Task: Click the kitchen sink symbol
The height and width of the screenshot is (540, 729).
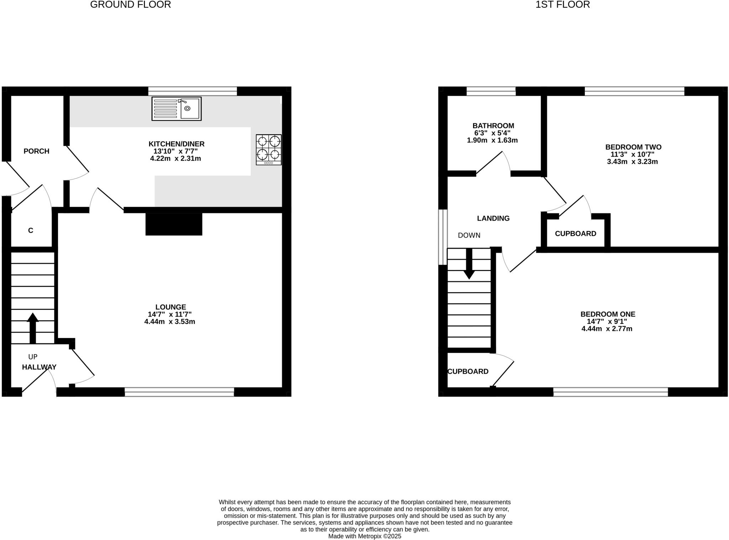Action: [177, 109]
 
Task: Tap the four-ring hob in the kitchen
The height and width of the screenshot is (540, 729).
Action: [269, 150]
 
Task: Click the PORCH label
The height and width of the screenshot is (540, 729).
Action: [36, 151]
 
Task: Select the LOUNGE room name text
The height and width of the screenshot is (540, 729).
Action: [171, 307]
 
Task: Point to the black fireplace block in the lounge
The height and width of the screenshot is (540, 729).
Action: [174, 224]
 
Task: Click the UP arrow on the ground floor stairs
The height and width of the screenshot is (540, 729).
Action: [33, 328]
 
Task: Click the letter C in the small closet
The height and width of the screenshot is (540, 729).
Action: [31, 230]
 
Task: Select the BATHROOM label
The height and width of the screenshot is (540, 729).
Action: [493, 126]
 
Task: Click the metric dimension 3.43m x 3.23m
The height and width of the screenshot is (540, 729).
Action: [632, 162]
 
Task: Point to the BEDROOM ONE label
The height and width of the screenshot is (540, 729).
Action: [608, 314]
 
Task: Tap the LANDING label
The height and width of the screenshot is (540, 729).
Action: [493, 218]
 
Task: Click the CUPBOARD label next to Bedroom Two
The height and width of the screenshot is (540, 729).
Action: [575, 234]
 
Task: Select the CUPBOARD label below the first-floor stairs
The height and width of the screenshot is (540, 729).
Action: [468, 372]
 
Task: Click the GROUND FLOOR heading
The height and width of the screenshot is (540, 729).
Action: [130, 5]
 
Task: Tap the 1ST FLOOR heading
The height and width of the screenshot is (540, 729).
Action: [562, 5]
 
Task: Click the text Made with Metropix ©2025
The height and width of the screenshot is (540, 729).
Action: [364, 536]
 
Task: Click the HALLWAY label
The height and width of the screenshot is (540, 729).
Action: [39, 367]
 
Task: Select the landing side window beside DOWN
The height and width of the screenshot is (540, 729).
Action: [442, 237]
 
